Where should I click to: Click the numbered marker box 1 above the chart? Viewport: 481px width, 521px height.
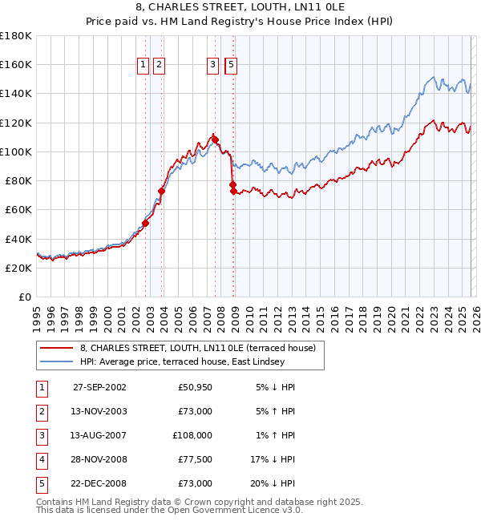143,65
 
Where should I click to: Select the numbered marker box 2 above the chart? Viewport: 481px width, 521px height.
159,65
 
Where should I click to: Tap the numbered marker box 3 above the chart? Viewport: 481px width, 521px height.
213,65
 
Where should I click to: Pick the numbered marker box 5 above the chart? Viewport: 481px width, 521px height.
231,65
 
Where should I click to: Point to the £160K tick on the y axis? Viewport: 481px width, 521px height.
16,65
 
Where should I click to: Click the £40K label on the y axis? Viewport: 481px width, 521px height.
18,239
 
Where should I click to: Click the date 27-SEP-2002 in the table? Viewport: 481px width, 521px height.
99,387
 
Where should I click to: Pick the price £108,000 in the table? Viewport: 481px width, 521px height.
193,435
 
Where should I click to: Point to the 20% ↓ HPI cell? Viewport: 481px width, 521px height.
273,483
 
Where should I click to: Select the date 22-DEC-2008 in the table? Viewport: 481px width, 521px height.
99,483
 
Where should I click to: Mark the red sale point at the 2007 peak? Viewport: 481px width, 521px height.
215,139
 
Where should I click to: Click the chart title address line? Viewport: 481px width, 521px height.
240,9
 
